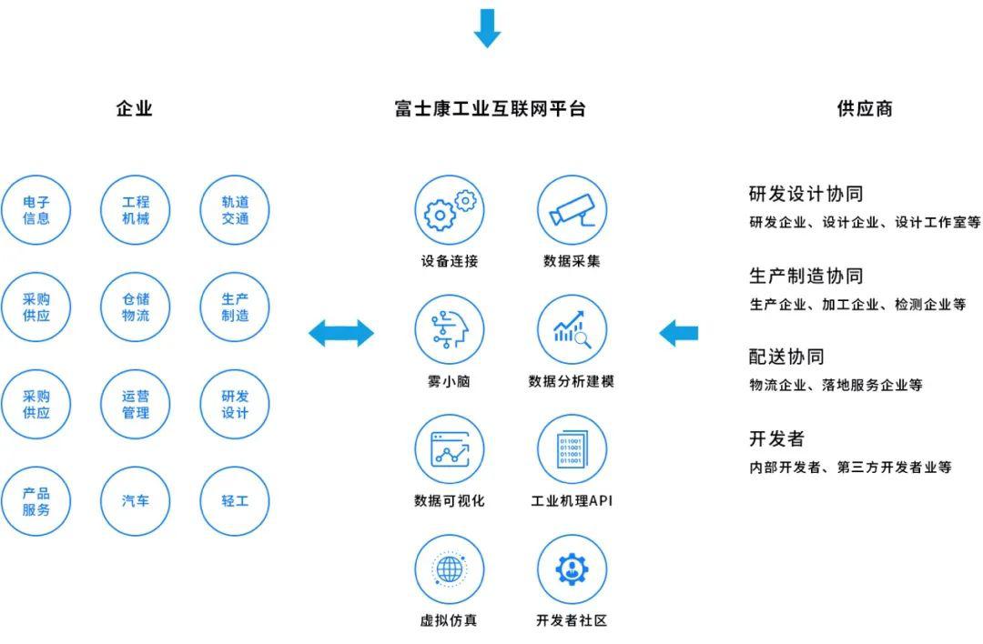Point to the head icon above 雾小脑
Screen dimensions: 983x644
click(x=450, y=329)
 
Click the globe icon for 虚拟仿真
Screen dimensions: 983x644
click(x=450, y=569)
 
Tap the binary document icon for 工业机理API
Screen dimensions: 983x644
click(x=572, y=449)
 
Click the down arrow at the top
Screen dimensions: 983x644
click(x=487, y=28)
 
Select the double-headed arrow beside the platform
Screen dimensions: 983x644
click(x=341, y=333)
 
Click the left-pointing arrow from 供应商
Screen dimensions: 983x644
click(x=678, y=333)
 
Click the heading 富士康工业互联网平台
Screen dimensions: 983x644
click(x=491, y=108)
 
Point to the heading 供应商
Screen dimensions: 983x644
click(x=865, y=108)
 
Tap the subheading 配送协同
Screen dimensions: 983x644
click(x=786, y=357)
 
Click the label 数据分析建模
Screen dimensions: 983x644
click(x=571, y=381)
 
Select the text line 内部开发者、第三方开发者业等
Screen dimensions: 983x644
click(x=851, y=467)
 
